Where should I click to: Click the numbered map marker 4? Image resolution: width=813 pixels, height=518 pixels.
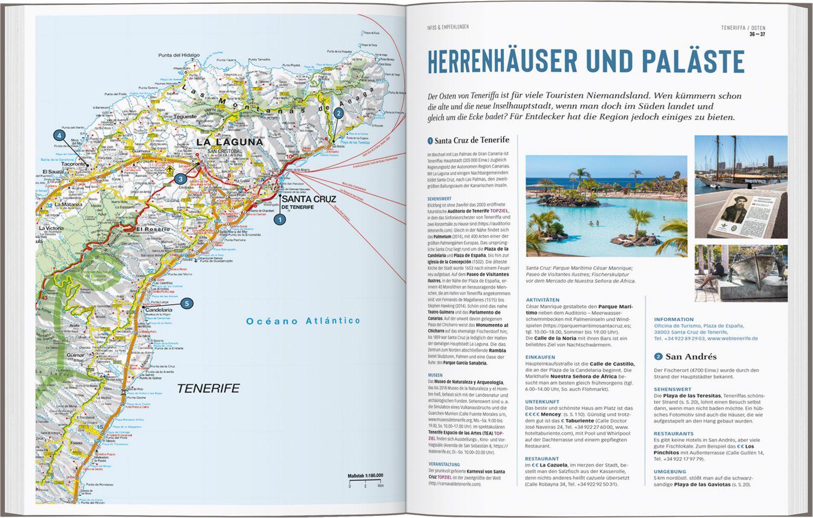tap(59, 136)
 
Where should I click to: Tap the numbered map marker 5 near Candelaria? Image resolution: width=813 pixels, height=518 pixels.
tap(186, 304)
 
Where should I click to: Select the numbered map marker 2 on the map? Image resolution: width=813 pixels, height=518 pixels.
tap(338, 113)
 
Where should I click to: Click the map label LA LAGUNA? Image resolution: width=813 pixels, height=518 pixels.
tap(230, 143)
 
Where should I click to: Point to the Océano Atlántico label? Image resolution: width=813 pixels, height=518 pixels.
tap(303, 321)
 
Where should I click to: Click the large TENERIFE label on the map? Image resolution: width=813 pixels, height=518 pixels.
tap(208, 388)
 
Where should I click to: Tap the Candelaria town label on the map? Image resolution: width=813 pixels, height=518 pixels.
tap(158, 310)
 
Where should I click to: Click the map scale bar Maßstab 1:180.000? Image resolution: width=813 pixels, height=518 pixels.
tap(365, 476)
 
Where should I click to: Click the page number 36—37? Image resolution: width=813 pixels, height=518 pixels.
tap(757, 35)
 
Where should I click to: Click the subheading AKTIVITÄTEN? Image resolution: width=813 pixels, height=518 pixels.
tap(543, 300)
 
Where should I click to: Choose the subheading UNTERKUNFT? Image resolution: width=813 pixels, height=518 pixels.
tap(543, 401)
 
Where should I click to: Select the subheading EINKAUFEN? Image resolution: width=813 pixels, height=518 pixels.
tap(541, 357)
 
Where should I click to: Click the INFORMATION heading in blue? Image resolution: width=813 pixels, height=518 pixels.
tap(674, 319)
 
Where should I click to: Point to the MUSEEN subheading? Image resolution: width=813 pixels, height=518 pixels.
tap(435, 375)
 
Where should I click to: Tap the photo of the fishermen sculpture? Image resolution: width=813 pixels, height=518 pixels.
tap(734, 273)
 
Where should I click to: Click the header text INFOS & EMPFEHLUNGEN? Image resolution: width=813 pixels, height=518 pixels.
tap(448, 27)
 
